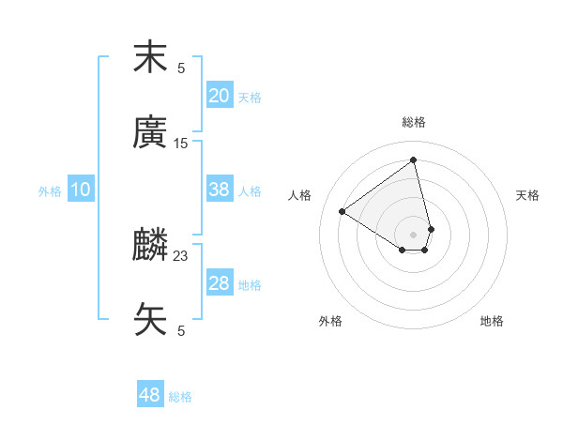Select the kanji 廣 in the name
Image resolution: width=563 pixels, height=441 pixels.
point(150,133)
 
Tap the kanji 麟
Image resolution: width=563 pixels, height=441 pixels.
point(150,246)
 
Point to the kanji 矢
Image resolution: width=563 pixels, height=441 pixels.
point(150,319)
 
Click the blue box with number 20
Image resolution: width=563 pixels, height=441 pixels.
point(220,96)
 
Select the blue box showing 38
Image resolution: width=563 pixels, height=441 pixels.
point(220,190)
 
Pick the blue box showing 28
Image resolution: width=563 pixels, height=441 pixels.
point(220,283)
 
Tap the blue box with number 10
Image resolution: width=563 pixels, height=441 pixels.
point(81,190)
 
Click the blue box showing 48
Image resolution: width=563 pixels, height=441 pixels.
point(150,395)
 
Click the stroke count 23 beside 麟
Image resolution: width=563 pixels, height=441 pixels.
point(181,255)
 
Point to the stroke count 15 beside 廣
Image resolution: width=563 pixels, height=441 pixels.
point(181,144)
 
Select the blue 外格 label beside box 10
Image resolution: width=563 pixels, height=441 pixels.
point(50,190)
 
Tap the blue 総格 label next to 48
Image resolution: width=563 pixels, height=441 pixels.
point(180,397)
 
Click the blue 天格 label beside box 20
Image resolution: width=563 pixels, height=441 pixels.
point(250,97)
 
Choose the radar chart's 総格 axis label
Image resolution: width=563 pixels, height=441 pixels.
point(414,122)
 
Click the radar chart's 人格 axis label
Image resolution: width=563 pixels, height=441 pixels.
point(300,195)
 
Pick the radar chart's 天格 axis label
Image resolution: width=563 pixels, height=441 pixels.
point(527,195)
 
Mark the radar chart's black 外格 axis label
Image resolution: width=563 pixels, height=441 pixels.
point(330,321)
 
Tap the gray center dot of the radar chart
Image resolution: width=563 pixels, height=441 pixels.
point(413,234)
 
